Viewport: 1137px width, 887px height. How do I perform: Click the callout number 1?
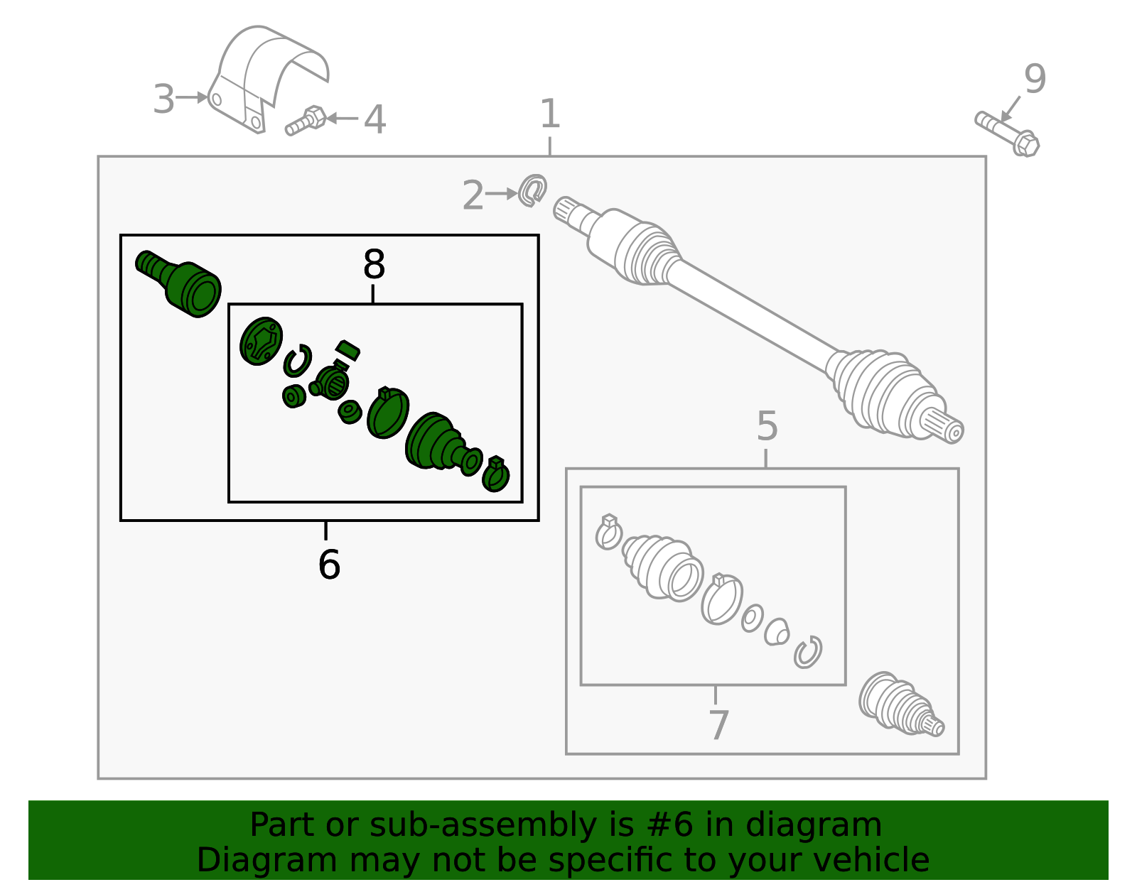click(x=550, y=114)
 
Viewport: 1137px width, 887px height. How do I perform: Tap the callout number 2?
click(x=473, y=195)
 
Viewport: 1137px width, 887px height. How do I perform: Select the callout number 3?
click(x=163, y=99)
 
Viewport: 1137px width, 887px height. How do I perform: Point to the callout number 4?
click(x=374, y=119)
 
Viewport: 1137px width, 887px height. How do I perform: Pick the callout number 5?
click(x=767, y=425)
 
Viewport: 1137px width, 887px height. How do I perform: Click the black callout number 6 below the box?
click(x=329, y=565)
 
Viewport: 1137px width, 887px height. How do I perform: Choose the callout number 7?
click(x=719, y=726)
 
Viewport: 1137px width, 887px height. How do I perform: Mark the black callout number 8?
click(x=374, y=264)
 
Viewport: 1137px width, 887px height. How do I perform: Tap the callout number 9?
click(x=1035, y=79)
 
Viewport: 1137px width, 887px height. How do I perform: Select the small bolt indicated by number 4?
click(x=306, y=121)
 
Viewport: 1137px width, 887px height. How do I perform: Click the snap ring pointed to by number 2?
click(x=533, y=190)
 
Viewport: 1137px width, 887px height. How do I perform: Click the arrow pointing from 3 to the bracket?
click(x=191, y=97)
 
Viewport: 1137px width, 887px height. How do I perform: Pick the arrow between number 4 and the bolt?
click(x=343, y=118)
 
